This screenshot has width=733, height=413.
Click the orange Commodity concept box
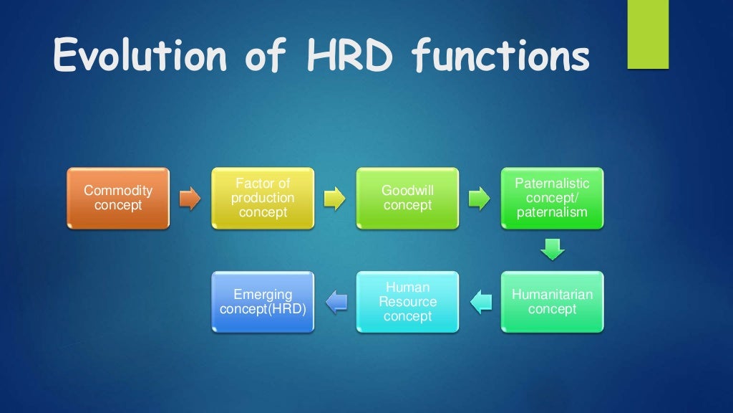click(x=118, y=198)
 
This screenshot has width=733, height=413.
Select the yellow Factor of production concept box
click(x=263, y=198)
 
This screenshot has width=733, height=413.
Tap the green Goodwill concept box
click(x=407, y=198)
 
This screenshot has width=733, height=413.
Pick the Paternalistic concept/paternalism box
click(x=552, y=198)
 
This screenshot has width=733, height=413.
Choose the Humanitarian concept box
click(x=552, y=302)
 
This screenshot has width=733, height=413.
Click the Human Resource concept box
click(x=407, y=302)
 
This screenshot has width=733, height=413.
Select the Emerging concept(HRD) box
click(x=263, y=302)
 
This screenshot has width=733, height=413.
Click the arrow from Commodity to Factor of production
click(x=190, y=199)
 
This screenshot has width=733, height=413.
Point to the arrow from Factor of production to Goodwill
click(x=334, y=199)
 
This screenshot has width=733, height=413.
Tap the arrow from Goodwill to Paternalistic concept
click(x=479, y=199)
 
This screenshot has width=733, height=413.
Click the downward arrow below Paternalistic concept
click(x=552, y=250)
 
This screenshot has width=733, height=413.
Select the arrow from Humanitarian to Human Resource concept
click(x=480, y=302)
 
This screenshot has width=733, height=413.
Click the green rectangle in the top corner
click(x=647, y=34)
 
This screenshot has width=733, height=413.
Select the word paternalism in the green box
click(x=552, y=212)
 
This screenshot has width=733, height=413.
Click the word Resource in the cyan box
click(x=407, y=302)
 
